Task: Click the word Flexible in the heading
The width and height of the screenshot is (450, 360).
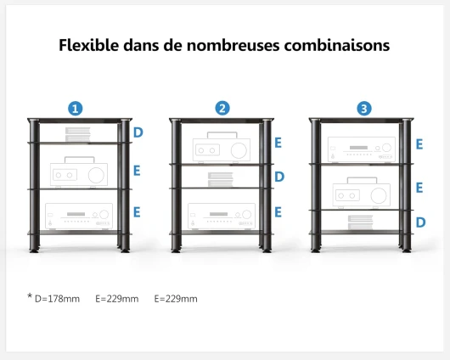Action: tap(88, 45)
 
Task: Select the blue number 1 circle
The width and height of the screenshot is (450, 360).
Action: tap(76, 109)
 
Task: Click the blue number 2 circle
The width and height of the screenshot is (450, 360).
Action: tap(222, 108)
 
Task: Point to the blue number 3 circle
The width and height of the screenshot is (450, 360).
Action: tap(364, 109)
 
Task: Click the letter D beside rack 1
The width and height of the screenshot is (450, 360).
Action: tap(138, 132)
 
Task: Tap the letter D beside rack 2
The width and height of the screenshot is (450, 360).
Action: tap(279, 177)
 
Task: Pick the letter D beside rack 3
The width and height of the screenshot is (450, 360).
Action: tap(421, 222)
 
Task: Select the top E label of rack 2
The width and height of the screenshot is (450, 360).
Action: tap(278, 143)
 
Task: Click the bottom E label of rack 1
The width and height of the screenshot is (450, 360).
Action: tap(137, 212)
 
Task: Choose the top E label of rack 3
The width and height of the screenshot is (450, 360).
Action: tap(419, 144)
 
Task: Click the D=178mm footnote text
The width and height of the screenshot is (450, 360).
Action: tap(57, 299)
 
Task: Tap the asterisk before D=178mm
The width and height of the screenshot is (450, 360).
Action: tap(30, 296)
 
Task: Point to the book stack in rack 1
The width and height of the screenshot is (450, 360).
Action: tap(78, 134)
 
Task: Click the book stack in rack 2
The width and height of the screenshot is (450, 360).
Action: tap(221, 180)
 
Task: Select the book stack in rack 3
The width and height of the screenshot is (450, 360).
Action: tap(360, 222)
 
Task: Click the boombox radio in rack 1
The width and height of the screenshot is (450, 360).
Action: tap(79, 172)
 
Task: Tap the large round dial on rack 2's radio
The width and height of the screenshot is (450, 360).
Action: tap(239, 150)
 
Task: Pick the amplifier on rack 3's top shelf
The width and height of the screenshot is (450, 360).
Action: tap(362, 149)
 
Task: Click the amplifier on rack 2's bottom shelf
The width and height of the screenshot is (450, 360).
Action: tap(222, 217)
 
